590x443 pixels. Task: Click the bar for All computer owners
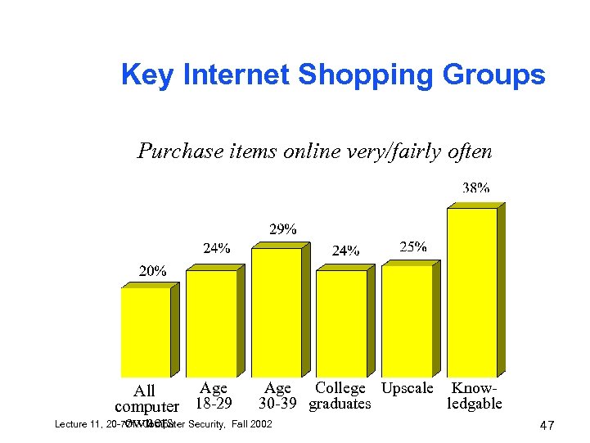[x=145, y=332]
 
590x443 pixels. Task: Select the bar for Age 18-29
[x=210, y=323]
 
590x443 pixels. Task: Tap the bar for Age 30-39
[x=276, y=312]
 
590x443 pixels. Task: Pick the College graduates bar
[x=341, y=323]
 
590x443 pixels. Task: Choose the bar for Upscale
[x=407, y=321]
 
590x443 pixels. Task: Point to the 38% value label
[x=476, y=188]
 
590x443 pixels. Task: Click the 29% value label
[x=283, y=228]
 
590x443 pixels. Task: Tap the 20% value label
[x=152, y=270]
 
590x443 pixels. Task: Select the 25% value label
[x=412, y=246]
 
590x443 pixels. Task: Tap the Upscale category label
[x=408, y=388]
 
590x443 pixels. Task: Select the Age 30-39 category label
[x=278, y=396]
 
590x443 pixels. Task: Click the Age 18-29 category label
[x=214, y=396]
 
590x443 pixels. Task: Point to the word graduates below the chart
[x=340, y=404]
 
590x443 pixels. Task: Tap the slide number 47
[x=548, y=426]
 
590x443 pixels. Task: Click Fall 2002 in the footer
[x=248, y=424]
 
